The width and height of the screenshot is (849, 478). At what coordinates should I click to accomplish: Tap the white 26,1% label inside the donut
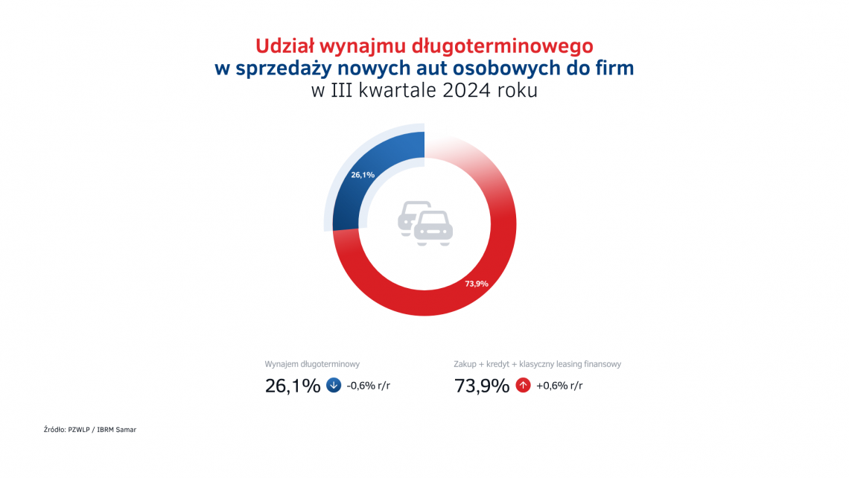[x=362, y=175]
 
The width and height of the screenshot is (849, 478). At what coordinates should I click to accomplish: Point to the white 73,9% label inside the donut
[x=477, y=284]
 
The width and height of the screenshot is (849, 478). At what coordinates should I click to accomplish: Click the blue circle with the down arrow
[x=334, y=386]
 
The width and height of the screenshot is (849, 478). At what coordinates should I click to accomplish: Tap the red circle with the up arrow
[x=523, y=386]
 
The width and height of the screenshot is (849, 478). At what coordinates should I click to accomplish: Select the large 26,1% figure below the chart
[x=293, y=386]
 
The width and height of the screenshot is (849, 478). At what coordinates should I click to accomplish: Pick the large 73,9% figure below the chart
[x=482, y=386]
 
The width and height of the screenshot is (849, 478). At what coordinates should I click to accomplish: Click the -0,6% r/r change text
[x=368, y=386]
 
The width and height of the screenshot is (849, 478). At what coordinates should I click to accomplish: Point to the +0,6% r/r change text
[x=559, y=386]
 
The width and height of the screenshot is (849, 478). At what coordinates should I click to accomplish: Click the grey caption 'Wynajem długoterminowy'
[x=313, y=364]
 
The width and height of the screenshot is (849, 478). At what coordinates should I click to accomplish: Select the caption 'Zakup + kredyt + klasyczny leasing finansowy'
[x=537, y=364]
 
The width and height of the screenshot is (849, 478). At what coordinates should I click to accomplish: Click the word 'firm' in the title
[x=614, y=68]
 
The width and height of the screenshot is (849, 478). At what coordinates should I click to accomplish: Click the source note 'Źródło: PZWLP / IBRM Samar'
[x=90, y=430]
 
